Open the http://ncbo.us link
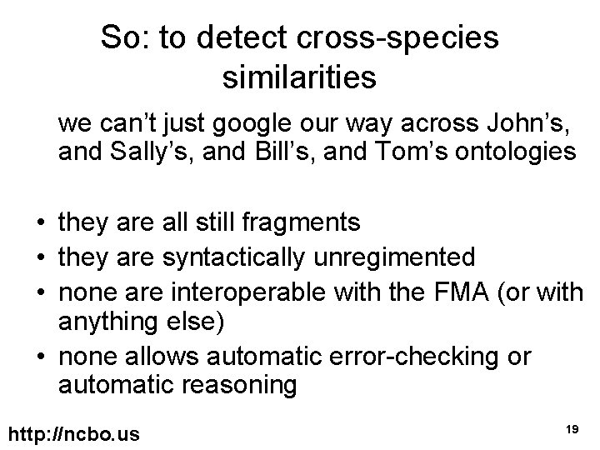[73, 434]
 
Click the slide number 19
[571, 428]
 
